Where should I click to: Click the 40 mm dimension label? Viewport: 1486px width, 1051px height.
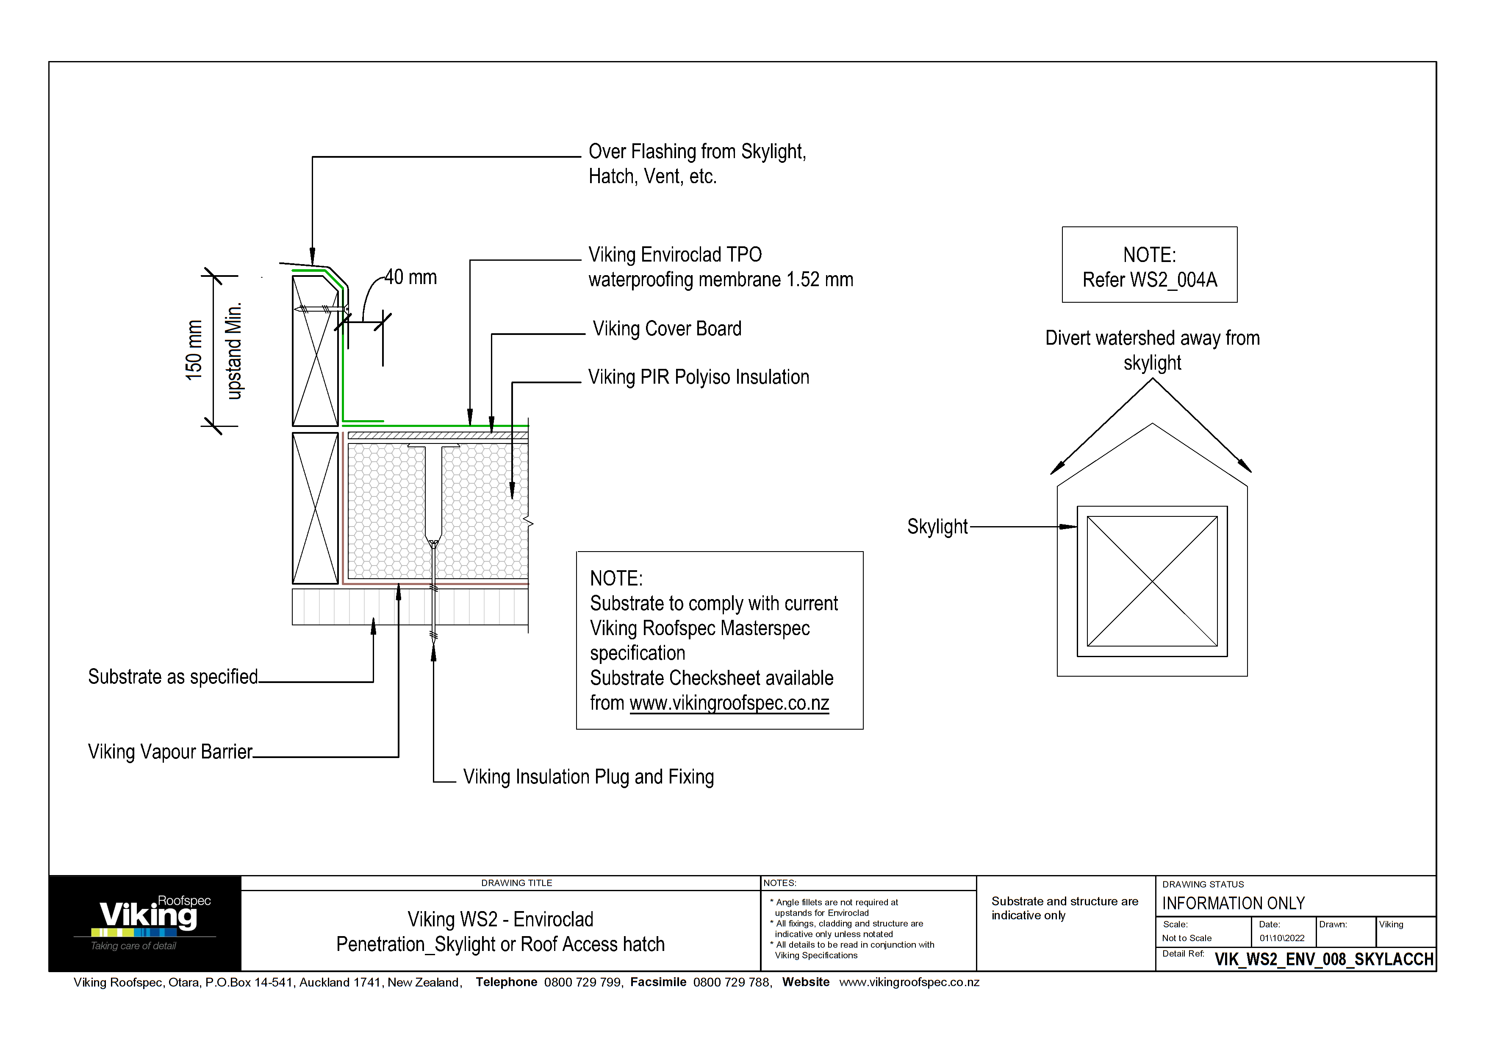410,277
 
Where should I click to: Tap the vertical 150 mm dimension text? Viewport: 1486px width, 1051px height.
194,350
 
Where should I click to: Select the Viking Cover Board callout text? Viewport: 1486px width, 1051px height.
667,329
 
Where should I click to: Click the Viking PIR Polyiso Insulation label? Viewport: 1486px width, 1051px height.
699,377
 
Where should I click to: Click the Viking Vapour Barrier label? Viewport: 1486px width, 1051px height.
170,752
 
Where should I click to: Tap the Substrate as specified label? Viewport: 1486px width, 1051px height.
173,677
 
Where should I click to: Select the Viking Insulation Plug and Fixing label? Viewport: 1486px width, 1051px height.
588,777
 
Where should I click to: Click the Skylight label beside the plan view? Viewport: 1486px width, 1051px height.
937,527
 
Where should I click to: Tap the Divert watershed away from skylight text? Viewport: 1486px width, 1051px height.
1152,350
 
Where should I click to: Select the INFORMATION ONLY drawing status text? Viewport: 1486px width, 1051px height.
1233,903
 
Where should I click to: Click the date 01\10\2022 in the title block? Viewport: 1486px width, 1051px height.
1281,938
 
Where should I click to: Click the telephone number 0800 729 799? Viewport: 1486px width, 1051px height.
582,982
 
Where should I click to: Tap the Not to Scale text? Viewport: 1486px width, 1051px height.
1187,938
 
